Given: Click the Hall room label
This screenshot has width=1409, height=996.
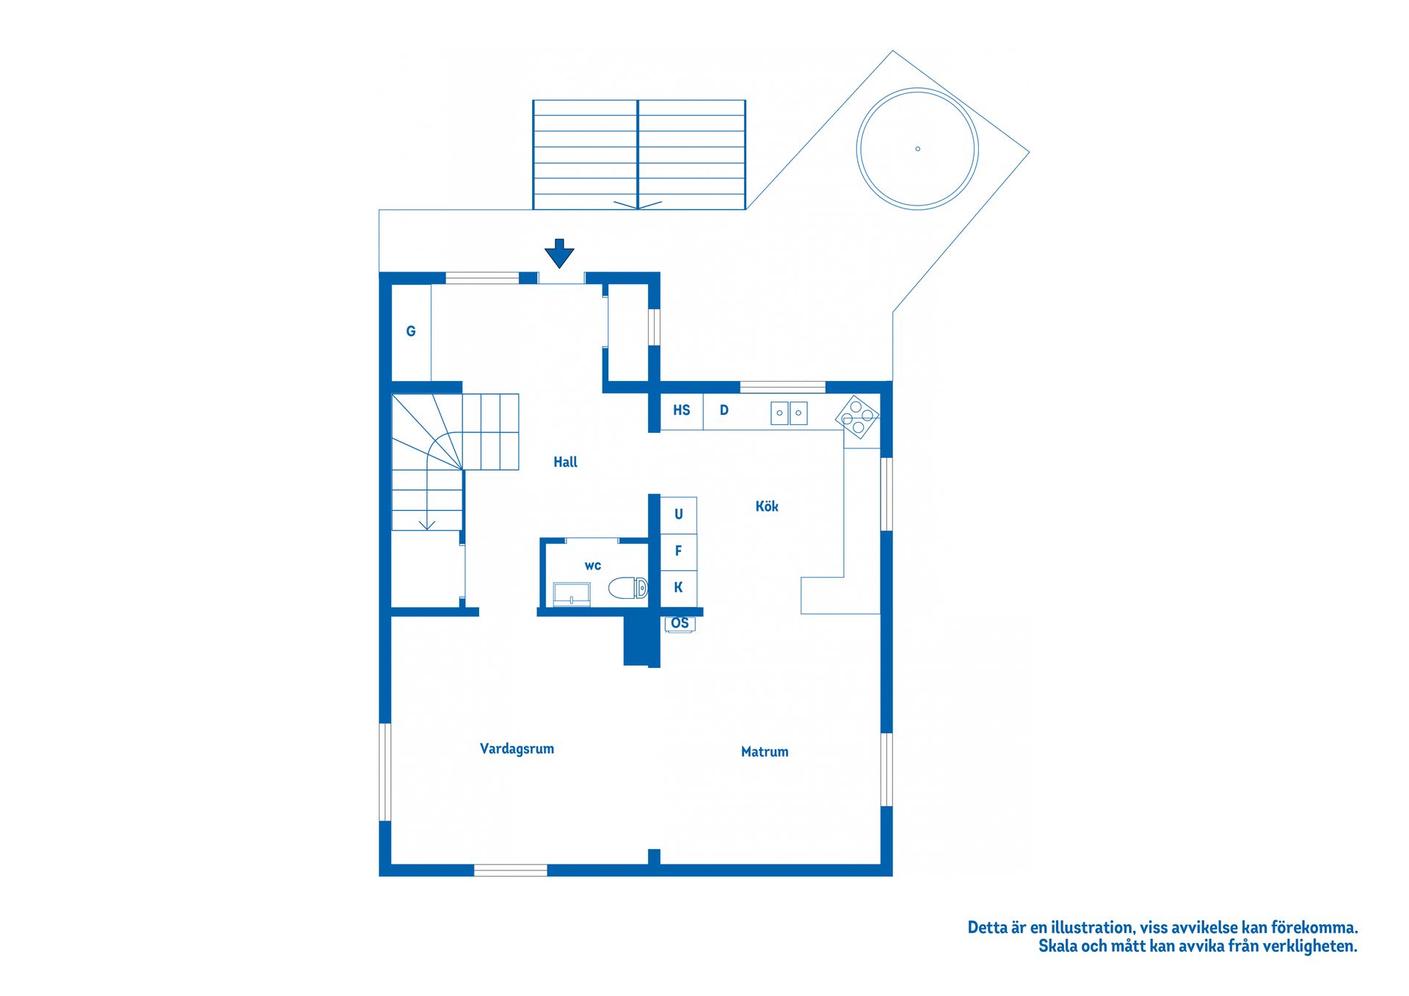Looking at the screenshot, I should click(565, 462).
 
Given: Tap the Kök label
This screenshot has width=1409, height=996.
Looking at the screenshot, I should click(766, 506).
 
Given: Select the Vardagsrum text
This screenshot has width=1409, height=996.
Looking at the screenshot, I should click(517, 749).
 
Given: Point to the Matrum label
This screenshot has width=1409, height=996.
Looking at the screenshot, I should click(764, 752).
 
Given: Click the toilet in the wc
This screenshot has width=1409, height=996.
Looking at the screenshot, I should click(627, 588).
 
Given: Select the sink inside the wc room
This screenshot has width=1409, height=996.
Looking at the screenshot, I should click(572, 594).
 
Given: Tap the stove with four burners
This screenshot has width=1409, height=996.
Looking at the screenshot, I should click(856, 417).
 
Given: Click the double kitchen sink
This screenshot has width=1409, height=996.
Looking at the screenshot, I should click(789, 412).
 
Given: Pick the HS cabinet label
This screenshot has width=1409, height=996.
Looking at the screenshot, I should click(681, 410).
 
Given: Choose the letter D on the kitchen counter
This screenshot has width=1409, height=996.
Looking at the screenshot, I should click(724, 410).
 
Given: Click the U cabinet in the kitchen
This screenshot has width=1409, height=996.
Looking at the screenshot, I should click(678, 514).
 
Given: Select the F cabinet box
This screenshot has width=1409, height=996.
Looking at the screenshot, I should click(678, 550).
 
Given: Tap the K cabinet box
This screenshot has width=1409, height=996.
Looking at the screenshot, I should click(678, 587).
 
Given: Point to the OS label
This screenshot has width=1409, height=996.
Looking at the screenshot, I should click(680, 623).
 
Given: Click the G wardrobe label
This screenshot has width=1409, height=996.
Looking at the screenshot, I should click(411, 331).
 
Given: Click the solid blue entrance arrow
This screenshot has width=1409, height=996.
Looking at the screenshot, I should click(559, 253).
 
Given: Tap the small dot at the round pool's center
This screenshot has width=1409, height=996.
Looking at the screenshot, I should click(917, 149).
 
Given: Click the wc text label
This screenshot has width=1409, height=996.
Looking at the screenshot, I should click(592, 565).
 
